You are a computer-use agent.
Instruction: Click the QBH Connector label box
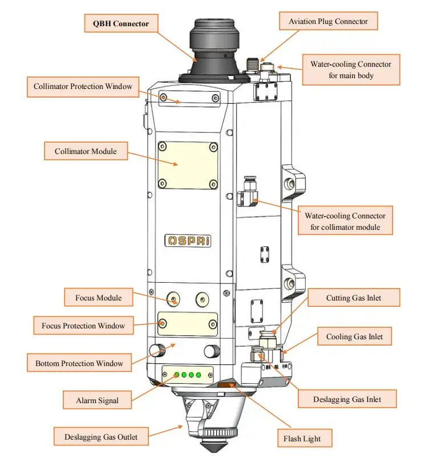click(120, 24)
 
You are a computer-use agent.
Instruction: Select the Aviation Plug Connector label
click(328, 22)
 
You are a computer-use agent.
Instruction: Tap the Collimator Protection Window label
click(83, 87)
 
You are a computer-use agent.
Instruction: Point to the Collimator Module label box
click(86, 151)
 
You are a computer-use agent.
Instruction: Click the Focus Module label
click(99, 298)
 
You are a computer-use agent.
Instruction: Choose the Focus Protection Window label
click(83, 326)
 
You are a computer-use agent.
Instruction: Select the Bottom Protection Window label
click(79, 363)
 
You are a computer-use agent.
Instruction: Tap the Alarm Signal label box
click(98, 400)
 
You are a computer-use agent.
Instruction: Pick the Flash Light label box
click(302, 438)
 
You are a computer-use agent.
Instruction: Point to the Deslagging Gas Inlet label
click(347, 399)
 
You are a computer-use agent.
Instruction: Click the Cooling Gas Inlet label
click(354, 337)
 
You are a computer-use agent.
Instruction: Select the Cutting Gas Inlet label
click(354, 298)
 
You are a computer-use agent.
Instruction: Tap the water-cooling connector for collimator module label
click(345, 222)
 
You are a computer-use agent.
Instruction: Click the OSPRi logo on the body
click(188, 241)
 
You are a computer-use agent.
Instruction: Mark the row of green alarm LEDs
click(188, 375)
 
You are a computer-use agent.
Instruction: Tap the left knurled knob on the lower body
click(156, 350)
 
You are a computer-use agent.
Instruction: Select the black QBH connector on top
click(212, 48)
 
